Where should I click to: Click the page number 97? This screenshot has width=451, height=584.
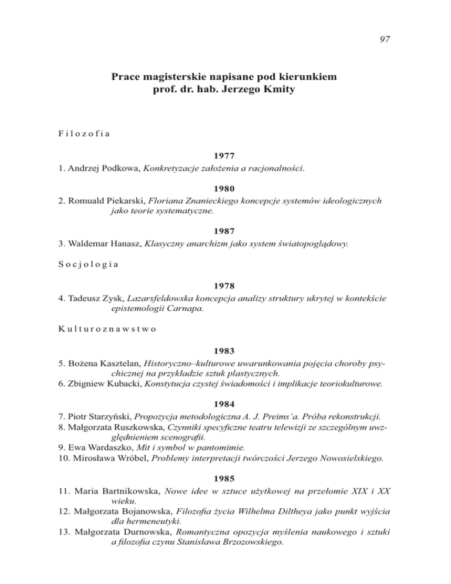pyautogui.click(x=385, y=39)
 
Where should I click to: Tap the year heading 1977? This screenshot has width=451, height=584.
pyautogui.click(x=225, y=157)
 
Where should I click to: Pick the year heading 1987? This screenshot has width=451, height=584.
pyautogui.click(x=225, y=231)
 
